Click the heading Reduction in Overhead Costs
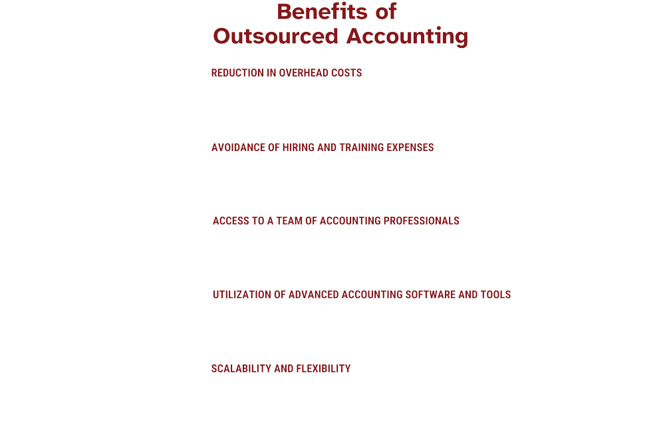click(287, 72)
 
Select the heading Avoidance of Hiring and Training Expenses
click(323, 147)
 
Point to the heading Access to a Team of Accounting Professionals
click(335, 220)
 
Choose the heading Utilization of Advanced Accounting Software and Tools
click(361, 294)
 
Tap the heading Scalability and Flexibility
click(281, 368)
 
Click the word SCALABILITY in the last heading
click(241, 368)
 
